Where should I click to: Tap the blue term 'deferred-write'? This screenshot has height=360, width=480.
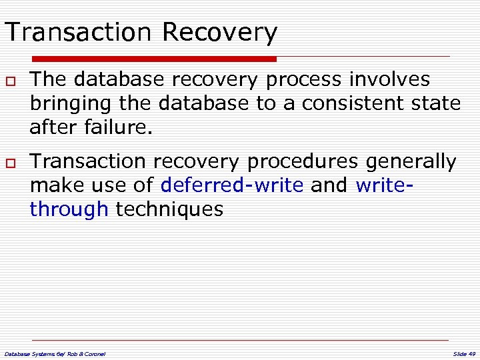pos(232,185)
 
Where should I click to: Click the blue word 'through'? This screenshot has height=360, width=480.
pos(69,210)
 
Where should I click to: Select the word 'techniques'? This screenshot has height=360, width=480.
pos(170,210)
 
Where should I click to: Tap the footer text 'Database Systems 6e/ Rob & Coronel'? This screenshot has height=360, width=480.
pos(55,353)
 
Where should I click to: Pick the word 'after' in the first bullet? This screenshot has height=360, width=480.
pos(53,127)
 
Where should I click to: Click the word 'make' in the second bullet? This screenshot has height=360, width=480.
pos(53,185)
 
